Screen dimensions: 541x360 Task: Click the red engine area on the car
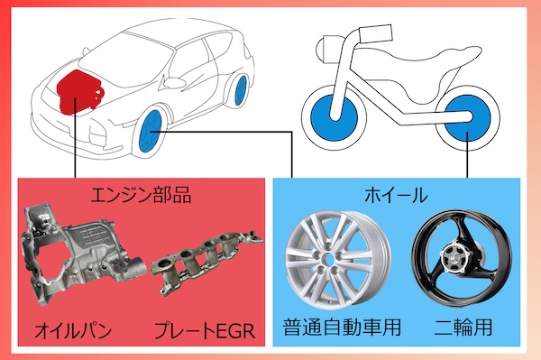(x=78, y=91)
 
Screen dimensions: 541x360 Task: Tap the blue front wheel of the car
(x=150, y=132)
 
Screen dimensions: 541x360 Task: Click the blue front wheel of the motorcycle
(x=334, y=115)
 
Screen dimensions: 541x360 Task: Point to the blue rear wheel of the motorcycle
(x=467, y=118)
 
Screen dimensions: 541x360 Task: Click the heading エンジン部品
(x=141, y=195)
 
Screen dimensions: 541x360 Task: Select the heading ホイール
(x=396, y=195)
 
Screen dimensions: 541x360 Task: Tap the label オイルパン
(x=73, y=330)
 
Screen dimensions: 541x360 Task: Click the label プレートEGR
(x=205, y=330)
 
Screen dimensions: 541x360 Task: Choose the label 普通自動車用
(x=342, y=327)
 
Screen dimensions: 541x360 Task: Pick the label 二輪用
(x=463, y=327)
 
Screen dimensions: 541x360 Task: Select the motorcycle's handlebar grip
(x=375, y=32)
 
